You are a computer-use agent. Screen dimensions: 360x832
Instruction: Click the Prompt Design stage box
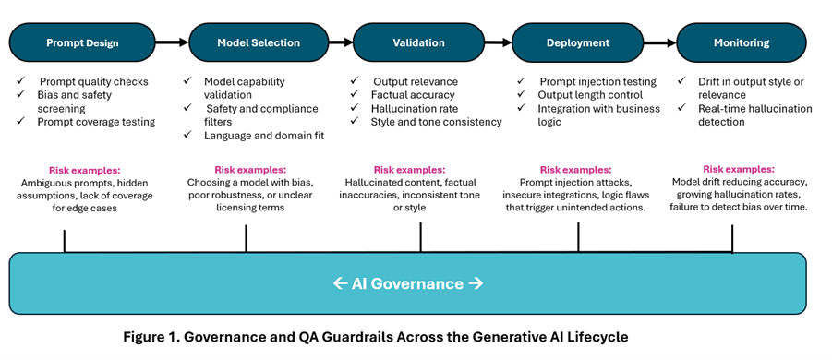pyautogui.click(x=82, y=42)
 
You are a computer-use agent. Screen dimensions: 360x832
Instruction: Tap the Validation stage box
pyautogui.click(x=418, y=42)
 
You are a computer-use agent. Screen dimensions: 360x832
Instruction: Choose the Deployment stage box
pyautogui.click(x=577, y=42)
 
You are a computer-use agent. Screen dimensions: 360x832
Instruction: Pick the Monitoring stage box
pyautogui.click(x=742, y=42)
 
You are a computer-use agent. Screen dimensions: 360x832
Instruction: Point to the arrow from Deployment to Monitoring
pyautogui.click(x=659, y=42)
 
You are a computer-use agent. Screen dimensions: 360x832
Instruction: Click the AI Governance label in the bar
pyautogui.click(x=407, y=283)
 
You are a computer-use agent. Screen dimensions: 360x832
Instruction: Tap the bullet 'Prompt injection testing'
pyautogui.click(x=597, y=82)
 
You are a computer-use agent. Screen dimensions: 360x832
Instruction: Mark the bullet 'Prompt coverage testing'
pyautogui.click(x=96, y=121)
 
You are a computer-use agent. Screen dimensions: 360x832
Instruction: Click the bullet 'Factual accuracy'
pyautogui.click(x=413, y=95)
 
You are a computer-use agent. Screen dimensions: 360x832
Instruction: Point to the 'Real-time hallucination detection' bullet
pyautogui.click(x=754, y=114)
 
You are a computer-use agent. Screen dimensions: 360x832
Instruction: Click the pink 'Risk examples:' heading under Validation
pyautogui.click(x=409, y=170)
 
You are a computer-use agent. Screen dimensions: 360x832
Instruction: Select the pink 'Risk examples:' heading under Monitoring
pyautogui.click(x=739, y=169)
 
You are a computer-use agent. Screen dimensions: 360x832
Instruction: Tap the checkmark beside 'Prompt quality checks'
pyautogui.click(x=20, y=81)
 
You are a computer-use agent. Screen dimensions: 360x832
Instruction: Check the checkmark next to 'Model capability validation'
pyautogui.click(x=187, y=81)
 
